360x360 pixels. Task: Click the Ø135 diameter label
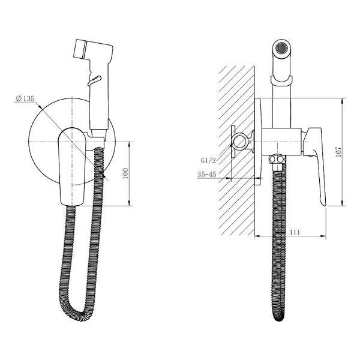pos(25,98)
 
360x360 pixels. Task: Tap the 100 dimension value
pos(125,173)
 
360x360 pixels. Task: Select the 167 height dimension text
pos(338,152)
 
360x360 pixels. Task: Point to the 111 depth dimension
pos(295,232)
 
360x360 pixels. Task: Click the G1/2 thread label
pos(208,160)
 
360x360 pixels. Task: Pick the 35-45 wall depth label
pos(207,175)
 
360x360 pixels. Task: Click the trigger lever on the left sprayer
pos(94,80)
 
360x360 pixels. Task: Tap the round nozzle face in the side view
pos(282,49)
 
